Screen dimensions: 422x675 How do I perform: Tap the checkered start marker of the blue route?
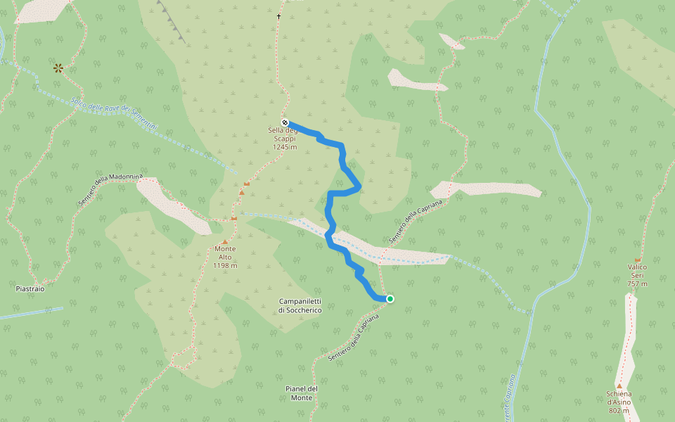click(x=285, y=122)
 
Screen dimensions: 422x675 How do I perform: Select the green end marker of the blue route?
click(x=390, y=299)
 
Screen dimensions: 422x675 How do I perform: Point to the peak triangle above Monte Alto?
click(x=225, y=242)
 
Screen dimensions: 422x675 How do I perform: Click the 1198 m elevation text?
click(x=225, y=266)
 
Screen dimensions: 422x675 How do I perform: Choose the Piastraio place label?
click(x=30, y=289)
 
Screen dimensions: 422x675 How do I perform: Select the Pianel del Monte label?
click(x=302, y=393)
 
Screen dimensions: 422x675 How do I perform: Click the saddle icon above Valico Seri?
click(x=638, y=260)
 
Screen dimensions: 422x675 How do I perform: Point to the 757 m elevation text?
click(x=637, y=283)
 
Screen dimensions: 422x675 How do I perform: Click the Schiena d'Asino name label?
click(x=619, y=397)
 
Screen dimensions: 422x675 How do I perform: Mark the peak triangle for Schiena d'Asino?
click(x=619, y=386)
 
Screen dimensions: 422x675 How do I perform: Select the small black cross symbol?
click(x=278, y=16)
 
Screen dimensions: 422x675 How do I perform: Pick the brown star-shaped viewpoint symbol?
click(x=58, y=68)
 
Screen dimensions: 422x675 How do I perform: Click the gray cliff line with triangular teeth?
click(x=171, y=20)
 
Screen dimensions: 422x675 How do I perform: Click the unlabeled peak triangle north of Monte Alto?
click(x=241, y=192)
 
